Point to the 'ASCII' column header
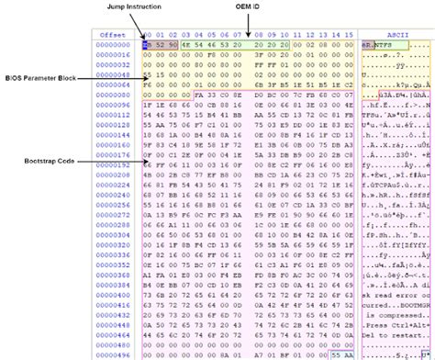tap(396, 33)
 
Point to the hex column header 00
tap(148, 33)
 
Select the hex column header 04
tap(204, 33)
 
